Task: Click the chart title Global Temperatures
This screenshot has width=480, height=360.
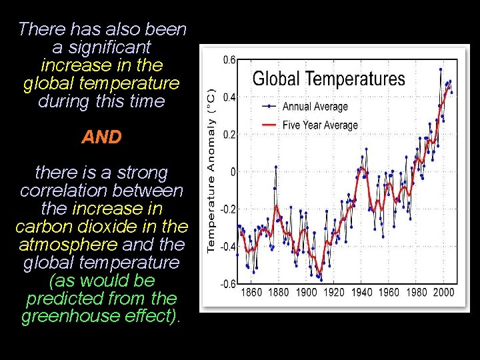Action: coord(329,79)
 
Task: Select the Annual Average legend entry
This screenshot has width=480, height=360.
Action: coord(315,107)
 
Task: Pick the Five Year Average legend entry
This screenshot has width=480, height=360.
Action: coord(320,125)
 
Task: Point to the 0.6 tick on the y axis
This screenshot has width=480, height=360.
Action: coord(229,60)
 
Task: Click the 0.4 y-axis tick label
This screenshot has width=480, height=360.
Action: coord(229,97)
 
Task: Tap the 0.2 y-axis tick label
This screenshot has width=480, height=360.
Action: coord(229,135)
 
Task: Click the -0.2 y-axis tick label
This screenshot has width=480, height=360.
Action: coord(227,209)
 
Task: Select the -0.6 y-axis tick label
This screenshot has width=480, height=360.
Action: coord(227,284)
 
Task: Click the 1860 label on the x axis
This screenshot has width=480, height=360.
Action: coord(251,292)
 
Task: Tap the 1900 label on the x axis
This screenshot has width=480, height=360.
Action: coord(306,292)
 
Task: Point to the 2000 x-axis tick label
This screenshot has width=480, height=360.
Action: coord(443,292)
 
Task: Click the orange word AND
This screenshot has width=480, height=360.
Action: coord(102,137)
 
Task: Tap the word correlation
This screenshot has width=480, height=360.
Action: coord(61,191)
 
